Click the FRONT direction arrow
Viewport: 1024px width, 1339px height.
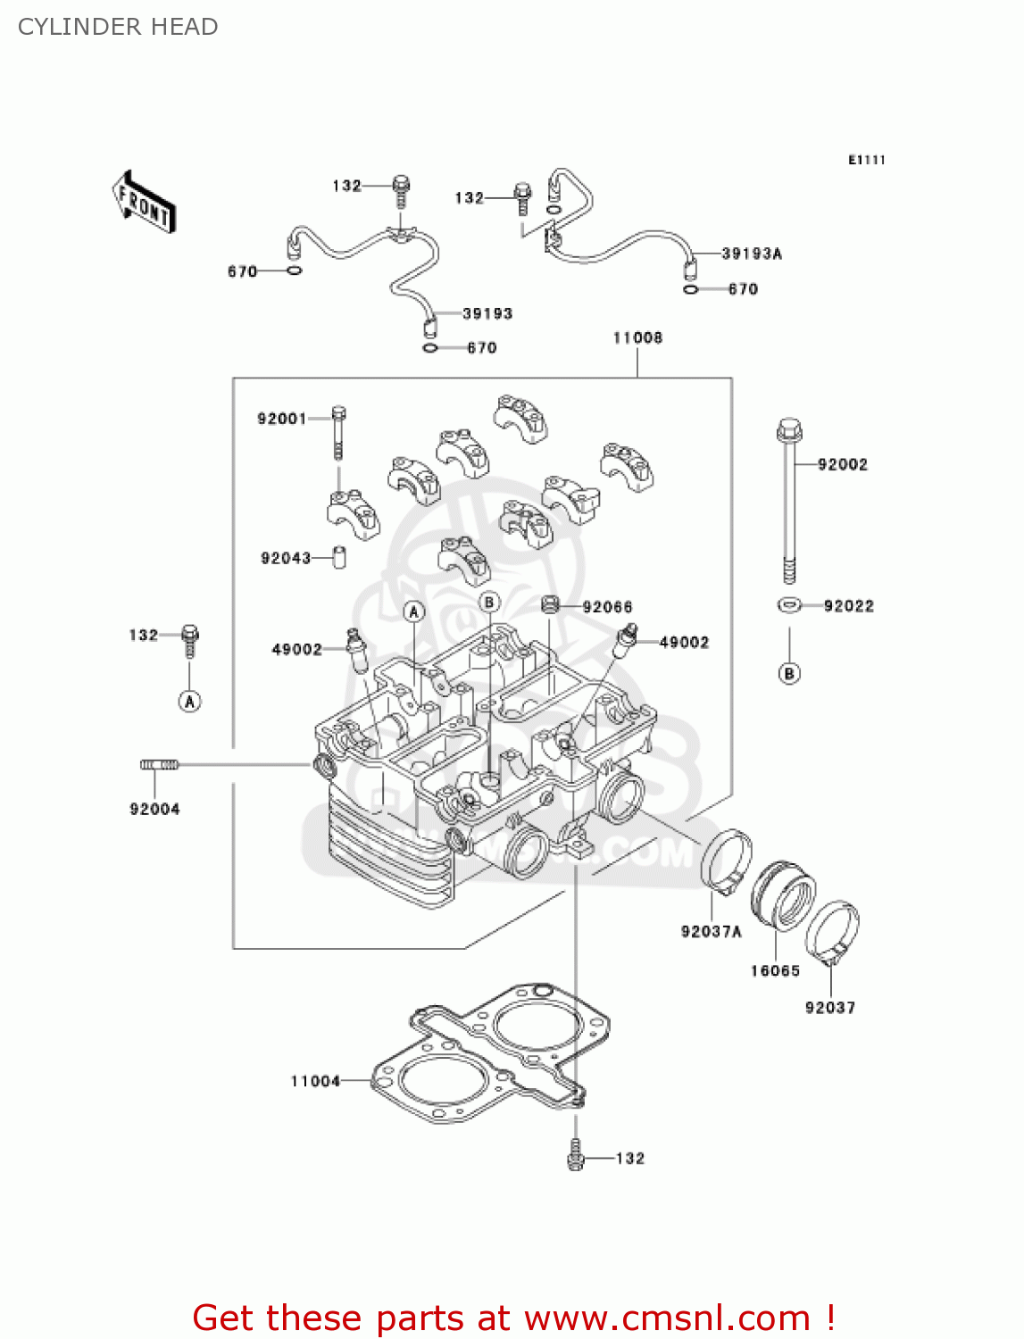[144, 202]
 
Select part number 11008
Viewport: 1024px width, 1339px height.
[637, 337]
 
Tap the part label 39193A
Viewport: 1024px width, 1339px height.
[752, 254]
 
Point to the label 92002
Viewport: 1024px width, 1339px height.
[842, 464]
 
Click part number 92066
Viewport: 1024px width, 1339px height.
[607, 607]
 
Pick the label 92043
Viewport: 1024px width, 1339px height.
[286, 558]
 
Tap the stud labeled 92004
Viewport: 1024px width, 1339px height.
[160, 764]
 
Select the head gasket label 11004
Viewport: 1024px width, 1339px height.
[315, 1081]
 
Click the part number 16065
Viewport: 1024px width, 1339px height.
[775, 970]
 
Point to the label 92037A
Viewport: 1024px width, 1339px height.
[711, 931]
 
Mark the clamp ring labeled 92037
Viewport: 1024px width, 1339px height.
[832, 933]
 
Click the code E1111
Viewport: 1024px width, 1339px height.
[866, 160]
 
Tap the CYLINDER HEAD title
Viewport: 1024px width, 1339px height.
[118, 27]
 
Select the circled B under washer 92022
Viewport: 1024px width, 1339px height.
[789, 673]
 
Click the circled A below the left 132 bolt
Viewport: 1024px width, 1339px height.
[189, 702]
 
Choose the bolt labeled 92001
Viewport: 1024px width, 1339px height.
[338, 432]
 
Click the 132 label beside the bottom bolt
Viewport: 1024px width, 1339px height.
[629, 1158]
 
